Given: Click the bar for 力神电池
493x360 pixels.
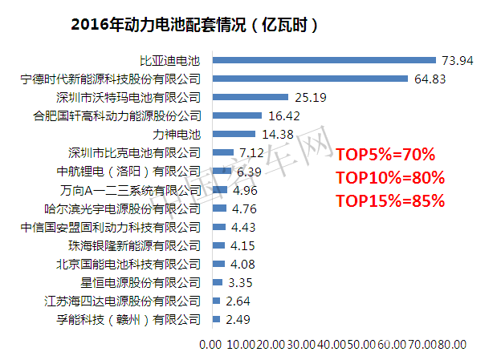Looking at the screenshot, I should pyautogui.click(x=233, y=134).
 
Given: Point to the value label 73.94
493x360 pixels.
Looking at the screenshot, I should pyautogui.click(x=454, y=60).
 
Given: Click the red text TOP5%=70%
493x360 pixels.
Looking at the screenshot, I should pyautogui.click(x=385, y=154).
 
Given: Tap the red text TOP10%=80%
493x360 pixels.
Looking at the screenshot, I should pyautogui.click(x=389, y=177).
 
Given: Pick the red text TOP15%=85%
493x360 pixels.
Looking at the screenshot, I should pyautogui.click(x=389, y=200).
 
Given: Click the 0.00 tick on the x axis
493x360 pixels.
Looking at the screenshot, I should pyautogui.click(x=209, y=346).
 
